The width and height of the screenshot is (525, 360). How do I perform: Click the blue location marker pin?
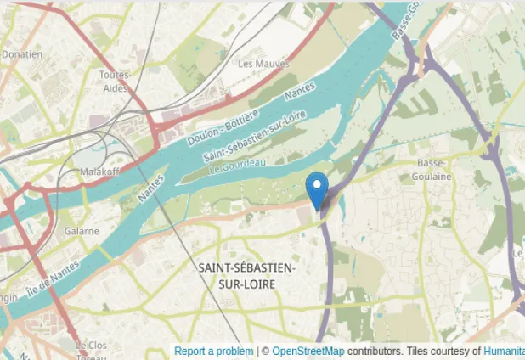[x=317, y=189]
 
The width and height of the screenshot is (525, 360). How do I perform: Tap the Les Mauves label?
[x=263, y=64]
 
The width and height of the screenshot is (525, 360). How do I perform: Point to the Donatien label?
[x=21, y=54]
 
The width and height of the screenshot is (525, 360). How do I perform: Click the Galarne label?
[x=82, y=231]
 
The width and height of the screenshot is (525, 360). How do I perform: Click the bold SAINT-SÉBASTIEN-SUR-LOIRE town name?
[x=247, y=276]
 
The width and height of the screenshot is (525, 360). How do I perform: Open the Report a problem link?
[x=213, y=352]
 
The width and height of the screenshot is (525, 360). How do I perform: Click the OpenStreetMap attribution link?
[x=308, y=352]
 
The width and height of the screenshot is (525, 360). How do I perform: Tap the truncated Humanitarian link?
[x=504, y=352]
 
